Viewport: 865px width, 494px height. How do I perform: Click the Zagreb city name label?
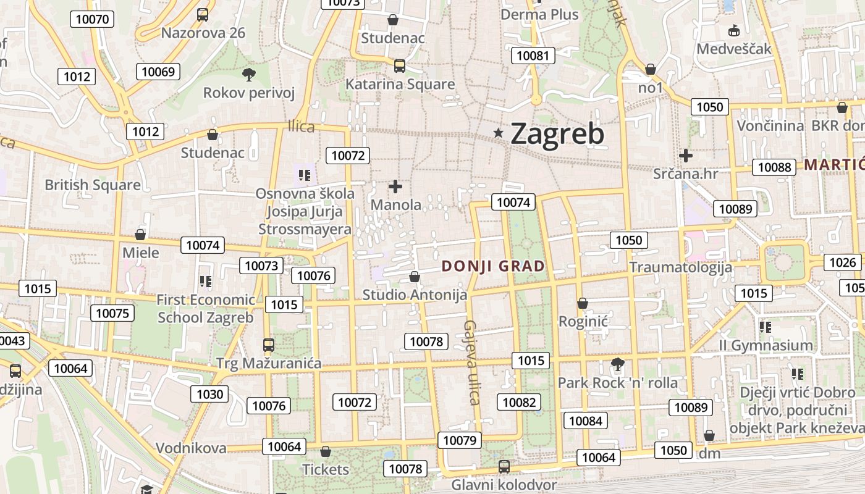(x=557, y=133)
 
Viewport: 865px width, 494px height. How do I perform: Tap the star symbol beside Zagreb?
(x=499, y=133)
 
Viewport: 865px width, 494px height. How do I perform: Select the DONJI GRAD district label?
(x=494, y=267)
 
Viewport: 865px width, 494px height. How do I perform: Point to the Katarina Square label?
(x=400, y=84)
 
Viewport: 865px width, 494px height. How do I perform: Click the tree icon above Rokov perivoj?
(x=249, y=75)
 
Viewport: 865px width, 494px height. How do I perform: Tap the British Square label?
(x=93, y=185)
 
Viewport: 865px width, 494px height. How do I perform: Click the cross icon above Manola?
(x=395, y=186)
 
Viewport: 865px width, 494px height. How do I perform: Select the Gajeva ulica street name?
(x=473, y=362)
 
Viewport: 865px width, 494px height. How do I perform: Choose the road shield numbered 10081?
(x=533, y=56)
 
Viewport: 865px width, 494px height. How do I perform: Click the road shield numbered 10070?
(x=93, y=19)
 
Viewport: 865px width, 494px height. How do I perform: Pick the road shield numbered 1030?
(x=209, y=394)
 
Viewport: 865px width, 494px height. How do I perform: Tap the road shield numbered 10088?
(x=774, y=167)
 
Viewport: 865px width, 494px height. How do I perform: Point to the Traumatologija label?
(x=680, y=267)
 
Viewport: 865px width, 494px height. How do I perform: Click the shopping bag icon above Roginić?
(x=583, y=303)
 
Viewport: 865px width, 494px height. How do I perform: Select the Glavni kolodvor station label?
(x=504, y=485)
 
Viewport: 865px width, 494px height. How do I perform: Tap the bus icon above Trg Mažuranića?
(x=268, y=345)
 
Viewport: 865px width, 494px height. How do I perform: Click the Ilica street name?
(x=301, y=127)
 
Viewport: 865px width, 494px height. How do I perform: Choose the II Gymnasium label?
(x=766, y=345)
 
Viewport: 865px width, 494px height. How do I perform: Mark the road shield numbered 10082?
(x=519, y=403)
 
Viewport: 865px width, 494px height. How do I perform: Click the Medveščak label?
(x=734, y=48)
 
